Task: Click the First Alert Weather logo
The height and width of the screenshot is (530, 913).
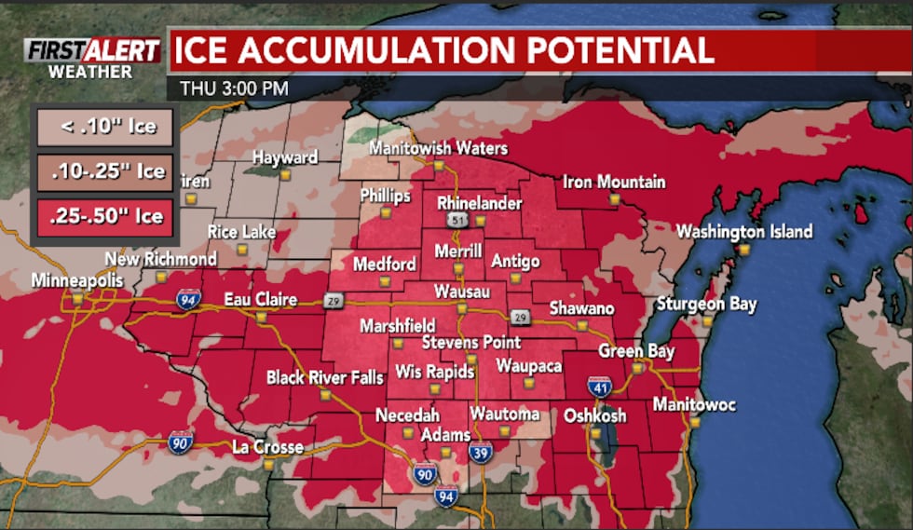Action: coord(91,58)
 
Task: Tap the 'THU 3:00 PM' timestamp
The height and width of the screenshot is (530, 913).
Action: coord(228,89)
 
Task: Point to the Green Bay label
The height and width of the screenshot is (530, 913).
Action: coord(635,351)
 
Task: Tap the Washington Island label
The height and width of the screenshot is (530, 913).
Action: coord(743,231)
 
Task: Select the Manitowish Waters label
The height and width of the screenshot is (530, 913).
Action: coord(438,149)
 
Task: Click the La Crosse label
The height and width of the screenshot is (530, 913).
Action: coord(266,447)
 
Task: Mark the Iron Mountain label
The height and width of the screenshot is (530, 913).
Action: coord(614,182)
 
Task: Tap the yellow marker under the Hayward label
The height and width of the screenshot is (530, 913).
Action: coord(285,173)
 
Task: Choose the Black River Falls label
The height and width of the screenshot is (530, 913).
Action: coord(318,377)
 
